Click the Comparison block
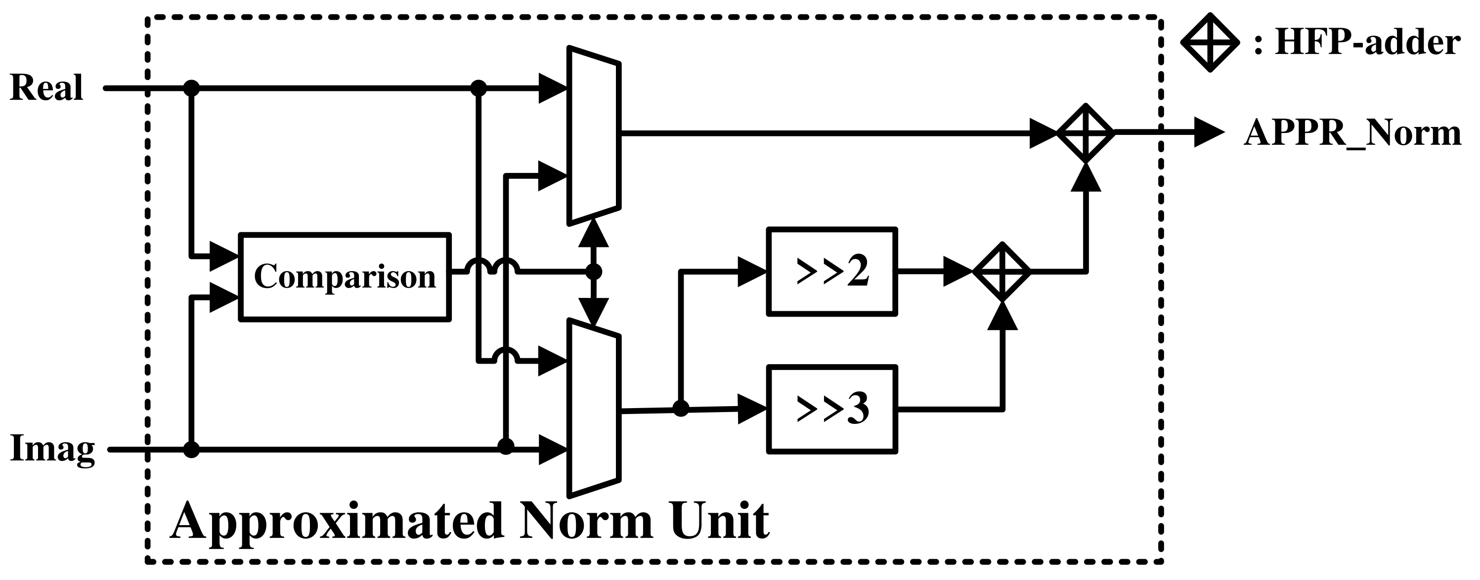pyautogui.click(x=345, y=276)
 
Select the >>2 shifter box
pyautogui.click(x=831, y=272)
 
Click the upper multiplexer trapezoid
pyautogui.click(x=594, y=135)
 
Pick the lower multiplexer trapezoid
pyautogui.click(x=594, y=408)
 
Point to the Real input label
pyautogui.click(x=46, y=88)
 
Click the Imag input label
pyautogui.click(x=52, y=449)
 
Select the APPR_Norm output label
pyautogui.click(x=1352, y=133)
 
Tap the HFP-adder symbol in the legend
pyautogui.click(x=1210, y=42)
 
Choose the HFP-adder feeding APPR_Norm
pyautogui.click(x=1086, y=133)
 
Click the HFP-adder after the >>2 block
pyautogui.click(x=1002, y=272)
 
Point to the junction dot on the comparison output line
pyautogui.click(x=594, y=272)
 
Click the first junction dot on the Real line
pyautogui.click(x=191, y=88)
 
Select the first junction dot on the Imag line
pyautogui.click(x=191, y=450)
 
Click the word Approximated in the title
pyautogui.click(x=336, y=521)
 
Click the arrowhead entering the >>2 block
pyautogui.click(x=751, y=271)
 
